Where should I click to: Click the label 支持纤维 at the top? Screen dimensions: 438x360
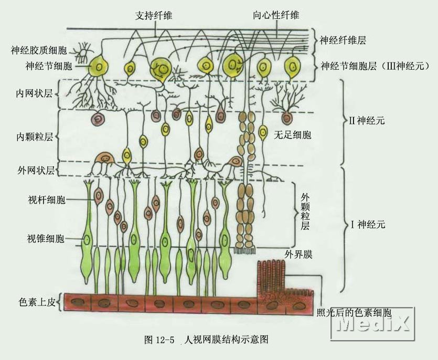(153, 16)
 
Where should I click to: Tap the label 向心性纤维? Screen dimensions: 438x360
(276, 15)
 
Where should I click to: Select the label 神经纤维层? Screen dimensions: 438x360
(343, 40)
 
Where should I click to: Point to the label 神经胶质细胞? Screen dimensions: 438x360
(39, 50)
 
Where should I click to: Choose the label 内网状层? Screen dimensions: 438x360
(34, 93)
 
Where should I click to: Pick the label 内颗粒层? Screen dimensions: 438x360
(35, 137)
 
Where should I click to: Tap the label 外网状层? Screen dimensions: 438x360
(36, 170)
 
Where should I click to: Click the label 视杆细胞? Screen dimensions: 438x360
(47, 200)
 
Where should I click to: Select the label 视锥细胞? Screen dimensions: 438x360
(46, 238)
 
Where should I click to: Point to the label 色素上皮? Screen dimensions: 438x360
(37, 302)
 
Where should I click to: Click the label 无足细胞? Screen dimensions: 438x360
(292, 135)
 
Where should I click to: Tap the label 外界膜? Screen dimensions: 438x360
(298, 255)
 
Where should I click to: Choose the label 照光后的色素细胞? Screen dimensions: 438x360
(354, 312)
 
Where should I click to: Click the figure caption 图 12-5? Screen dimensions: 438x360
(159, 340)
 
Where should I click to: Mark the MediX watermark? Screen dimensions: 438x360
(372, 324)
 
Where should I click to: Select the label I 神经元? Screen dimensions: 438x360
(368, 225)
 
